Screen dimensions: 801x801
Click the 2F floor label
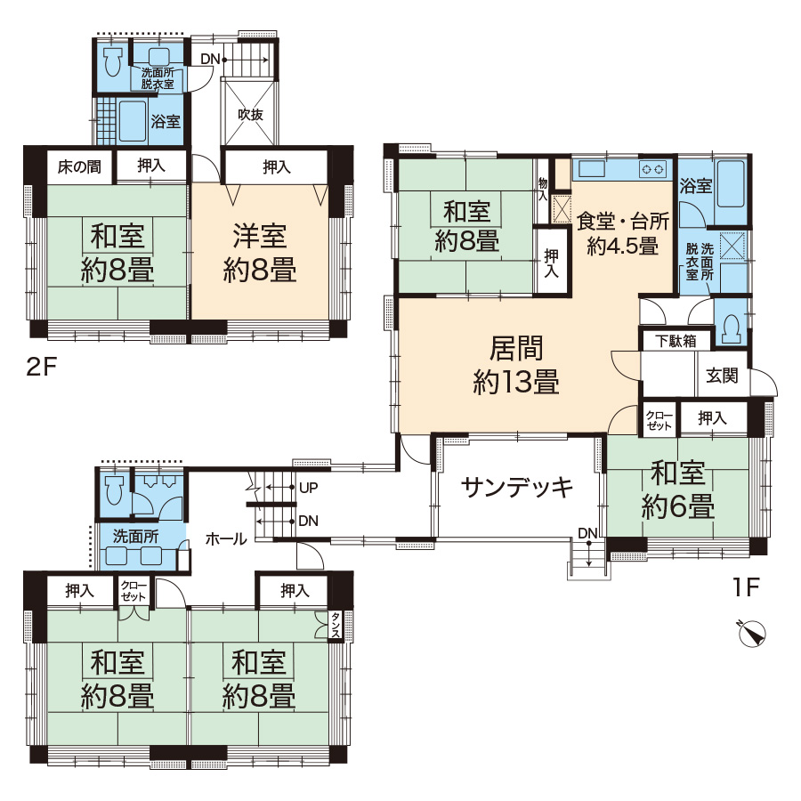point(41,367)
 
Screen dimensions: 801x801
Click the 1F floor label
point(747,587)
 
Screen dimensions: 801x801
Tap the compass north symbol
point(752,634)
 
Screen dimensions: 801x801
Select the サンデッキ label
point(517,488)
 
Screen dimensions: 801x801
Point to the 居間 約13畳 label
point(516,365)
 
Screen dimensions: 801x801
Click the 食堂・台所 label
point(623,221)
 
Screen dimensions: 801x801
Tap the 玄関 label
point(722,376)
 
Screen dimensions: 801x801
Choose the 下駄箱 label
point(676,341)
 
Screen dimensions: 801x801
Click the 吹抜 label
point(250,115)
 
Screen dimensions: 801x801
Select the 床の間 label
point(79,166)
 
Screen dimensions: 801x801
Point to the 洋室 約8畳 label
point(260,253)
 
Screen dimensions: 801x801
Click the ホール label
point(226,538)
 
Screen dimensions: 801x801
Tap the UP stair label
point(309,488)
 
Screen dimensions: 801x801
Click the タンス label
point(336,625)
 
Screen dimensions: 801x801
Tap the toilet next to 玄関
point(731,328)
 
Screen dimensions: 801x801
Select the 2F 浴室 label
point(166,122)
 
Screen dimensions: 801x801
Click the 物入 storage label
point(542,188)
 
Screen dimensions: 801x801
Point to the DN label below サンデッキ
point(587,533)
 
